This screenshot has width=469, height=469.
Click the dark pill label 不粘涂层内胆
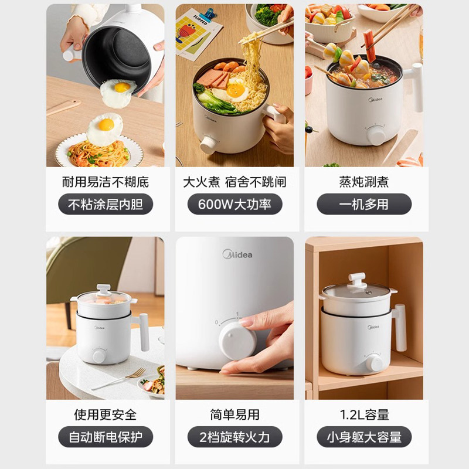pyautogui.click(x=106, y=205)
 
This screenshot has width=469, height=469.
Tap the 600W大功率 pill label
pyautogui.click(x=235, y=205)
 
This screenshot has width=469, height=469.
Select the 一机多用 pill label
pyautogui.click(x=364, y=205)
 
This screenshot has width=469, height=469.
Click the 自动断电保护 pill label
pyautogui.click(x=106, y=437)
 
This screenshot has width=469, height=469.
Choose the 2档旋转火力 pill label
pyautogui.click(x=235, y=437)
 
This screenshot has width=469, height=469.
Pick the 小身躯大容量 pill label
pyautogui.click(x=364, y=437)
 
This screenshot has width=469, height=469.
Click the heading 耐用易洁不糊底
pyautogui.click(x=106, y=182)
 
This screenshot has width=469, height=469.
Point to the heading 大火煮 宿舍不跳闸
pyautogui.click(x=235, y=182)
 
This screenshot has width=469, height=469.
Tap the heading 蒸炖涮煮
pyautogui.click(x=364, y=182)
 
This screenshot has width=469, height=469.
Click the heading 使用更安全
pyautogui.click(x=106, y=414)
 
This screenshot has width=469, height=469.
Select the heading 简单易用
pyautogui.click(x=235, y=414)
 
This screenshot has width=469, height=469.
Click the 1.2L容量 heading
pyautogui.click(x=364, y=414)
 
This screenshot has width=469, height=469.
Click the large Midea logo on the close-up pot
pyautogui.click(x=237, y=254)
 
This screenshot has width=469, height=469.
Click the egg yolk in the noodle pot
pyautogui.click(x=236, y=90)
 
